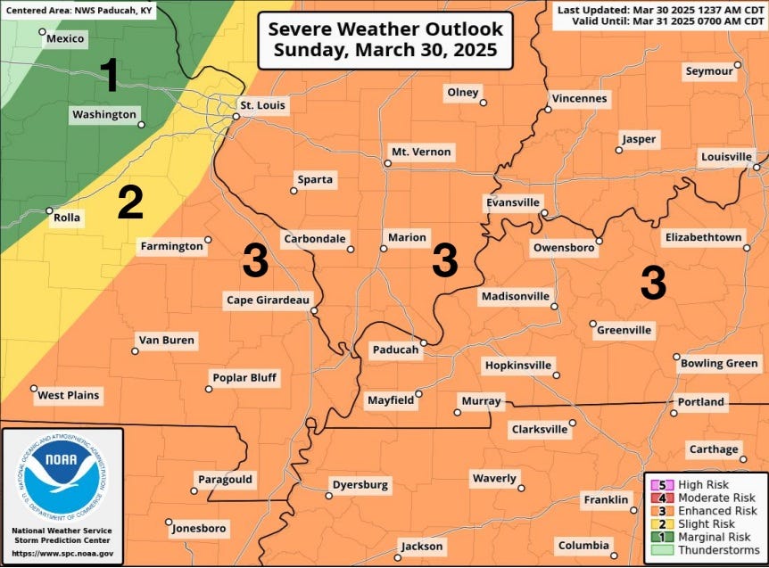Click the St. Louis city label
point(264,105)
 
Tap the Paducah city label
point(394,350)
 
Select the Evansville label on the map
point(513,202)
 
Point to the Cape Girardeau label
point(266,300)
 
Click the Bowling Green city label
point(719,364)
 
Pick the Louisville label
point(726,157)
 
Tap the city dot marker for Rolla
point(49,211)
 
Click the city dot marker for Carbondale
point(351,250)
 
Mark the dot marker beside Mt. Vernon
point(384,163)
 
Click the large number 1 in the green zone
point(109,76)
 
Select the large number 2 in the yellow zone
point(130,204)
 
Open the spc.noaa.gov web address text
point(62,553)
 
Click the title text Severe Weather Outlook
point(385,29)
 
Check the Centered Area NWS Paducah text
point(79,11)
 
